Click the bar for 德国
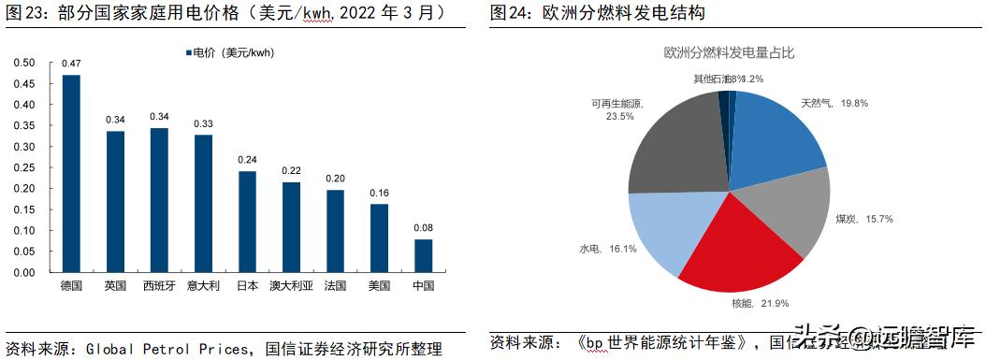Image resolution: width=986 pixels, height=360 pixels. (71, 173)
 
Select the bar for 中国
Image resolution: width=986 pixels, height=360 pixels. (423, 255)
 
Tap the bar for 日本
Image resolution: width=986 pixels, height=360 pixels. (247, 222)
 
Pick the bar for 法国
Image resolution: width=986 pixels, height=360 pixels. (335, 230)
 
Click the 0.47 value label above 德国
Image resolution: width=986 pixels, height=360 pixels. (71, 64)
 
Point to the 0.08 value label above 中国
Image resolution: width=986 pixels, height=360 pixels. (423, 227)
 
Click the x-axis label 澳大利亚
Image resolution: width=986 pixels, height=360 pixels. (291, 284)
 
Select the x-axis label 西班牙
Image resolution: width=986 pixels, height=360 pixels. (159, 284)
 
